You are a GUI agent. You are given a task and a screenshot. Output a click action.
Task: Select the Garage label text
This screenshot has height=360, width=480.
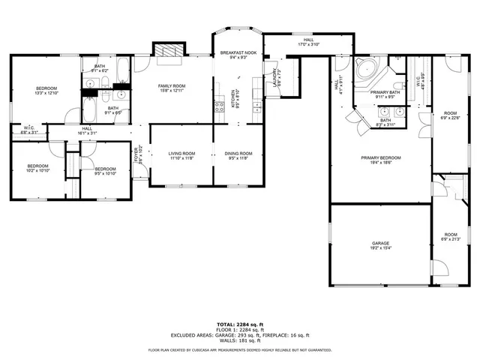[381, 244]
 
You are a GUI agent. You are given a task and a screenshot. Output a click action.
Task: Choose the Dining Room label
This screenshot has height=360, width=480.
[239, 155]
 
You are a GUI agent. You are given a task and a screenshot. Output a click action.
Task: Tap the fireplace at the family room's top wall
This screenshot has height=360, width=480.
[169, 49]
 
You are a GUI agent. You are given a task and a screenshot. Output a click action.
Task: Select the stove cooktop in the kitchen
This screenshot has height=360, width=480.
[220, 106]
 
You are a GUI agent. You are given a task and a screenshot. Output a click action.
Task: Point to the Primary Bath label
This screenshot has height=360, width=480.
[385, 94]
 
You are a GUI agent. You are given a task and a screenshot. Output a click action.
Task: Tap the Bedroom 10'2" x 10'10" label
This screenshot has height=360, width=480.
[38, 168]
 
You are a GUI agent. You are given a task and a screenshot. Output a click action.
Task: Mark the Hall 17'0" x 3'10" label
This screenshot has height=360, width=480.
[308, 42]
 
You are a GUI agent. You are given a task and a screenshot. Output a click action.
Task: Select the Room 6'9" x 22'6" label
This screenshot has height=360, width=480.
[450, 114]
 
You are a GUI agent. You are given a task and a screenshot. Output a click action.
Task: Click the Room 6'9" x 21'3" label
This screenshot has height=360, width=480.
[450, 237]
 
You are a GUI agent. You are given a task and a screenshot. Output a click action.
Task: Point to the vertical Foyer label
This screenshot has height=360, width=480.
[136, 155]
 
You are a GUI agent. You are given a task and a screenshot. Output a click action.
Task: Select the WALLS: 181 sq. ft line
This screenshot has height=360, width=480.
[240, 340]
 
